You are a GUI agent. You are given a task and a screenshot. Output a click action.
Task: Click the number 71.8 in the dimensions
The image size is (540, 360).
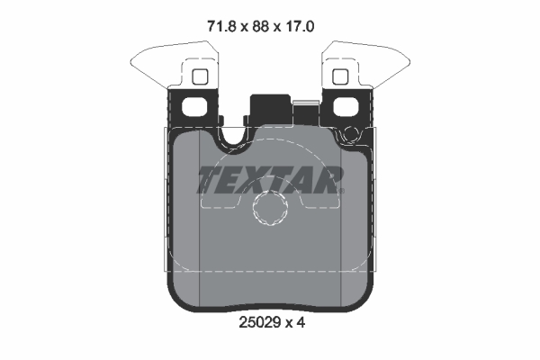221,26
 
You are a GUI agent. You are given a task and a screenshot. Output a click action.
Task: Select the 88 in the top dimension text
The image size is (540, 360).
260,26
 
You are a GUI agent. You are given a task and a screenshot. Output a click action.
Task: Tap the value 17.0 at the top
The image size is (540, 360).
300,26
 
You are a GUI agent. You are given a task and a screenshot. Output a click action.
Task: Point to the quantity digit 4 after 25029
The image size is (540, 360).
301,323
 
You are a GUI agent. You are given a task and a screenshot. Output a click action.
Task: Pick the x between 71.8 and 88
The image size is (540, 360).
244,28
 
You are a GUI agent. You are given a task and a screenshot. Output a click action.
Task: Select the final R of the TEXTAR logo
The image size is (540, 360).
326,180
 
